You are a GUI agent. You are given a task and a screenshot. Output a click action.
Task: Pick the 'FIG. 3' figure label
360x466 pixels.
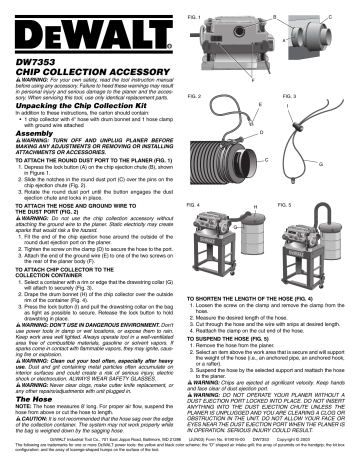point(284,94)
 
